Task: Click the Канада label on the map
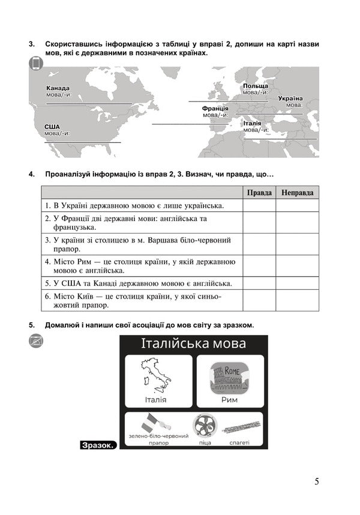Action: coord(58,88)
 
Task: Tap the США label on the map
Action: coord(52,127)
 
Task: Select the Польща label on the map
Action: coord(256,86)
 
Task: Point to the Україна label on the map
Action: coord(290,98)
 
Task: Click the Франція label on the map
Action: coord(215,108)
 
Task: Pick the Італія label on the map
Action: coord(252,123)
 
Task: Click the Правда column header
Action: coord(259,193)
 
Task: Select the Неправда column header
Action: coord(297,193)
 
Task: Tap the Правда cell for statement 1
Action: coord(259,206)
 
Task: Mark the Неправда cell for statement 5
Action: coord(297,283)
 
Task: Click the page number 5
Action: coord(316,481)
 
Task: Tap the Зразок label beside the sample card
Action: coord(97,445)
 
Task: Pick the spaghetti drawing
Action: coord(240,429)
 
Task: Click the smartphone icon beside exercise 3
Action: coord(35,64)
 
